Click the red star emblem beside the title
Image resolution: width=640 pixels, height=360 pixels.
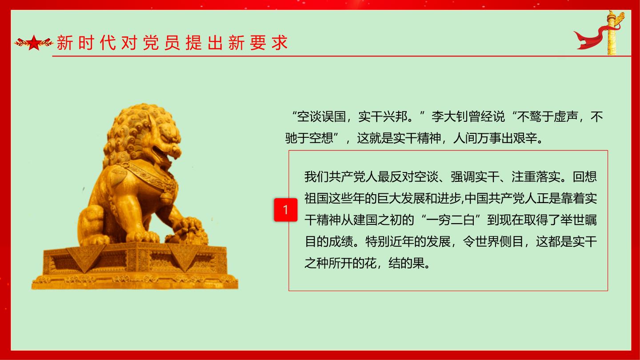click(34, 43)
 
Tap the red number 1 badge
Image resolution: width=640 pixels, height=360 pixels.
click(286, 210)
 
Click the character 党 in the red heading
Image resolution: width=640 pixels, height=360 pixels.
click(151, 43)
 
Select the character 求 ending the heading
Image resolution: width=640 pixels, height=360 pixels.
click(280, 43)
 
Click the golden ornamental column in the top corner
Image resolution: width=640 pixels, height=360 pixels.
click(612, 33)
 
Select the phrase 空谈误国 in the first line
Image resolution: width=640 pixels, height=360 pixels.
click(321, 116)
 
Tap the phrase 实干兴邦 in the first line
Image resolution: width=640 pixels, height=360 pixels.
click(383, 116)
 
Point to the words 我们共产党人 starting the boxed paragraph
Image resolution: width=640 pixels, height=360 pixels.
click(341, 177)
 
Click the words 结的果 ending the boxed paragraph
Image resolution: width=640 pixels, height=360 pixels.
click(407, 263)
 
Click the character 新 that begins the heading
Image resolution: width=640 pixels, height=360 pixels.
click(65, 43)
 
